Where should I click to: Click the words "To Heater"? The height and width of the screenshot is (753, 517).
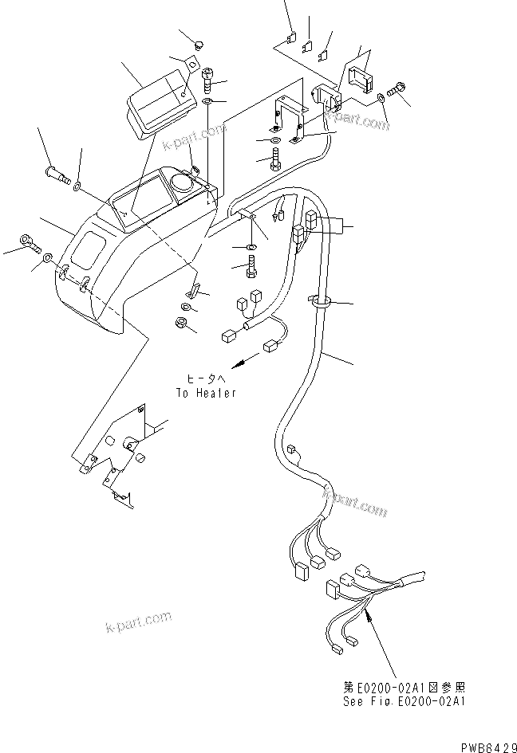pyautogui.click(x=206, y=393)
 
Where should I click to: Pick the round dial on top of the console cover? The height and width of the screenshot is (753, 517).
pyautogui.click(x=181, y=183)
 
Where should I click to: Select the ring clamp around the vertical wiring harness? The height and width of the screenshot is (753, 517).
pyautogui.click(x=322, y=302)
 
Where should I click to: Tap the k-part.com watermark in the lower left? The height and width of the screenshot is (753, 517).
pyautogui.click(x=137, y=621)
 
